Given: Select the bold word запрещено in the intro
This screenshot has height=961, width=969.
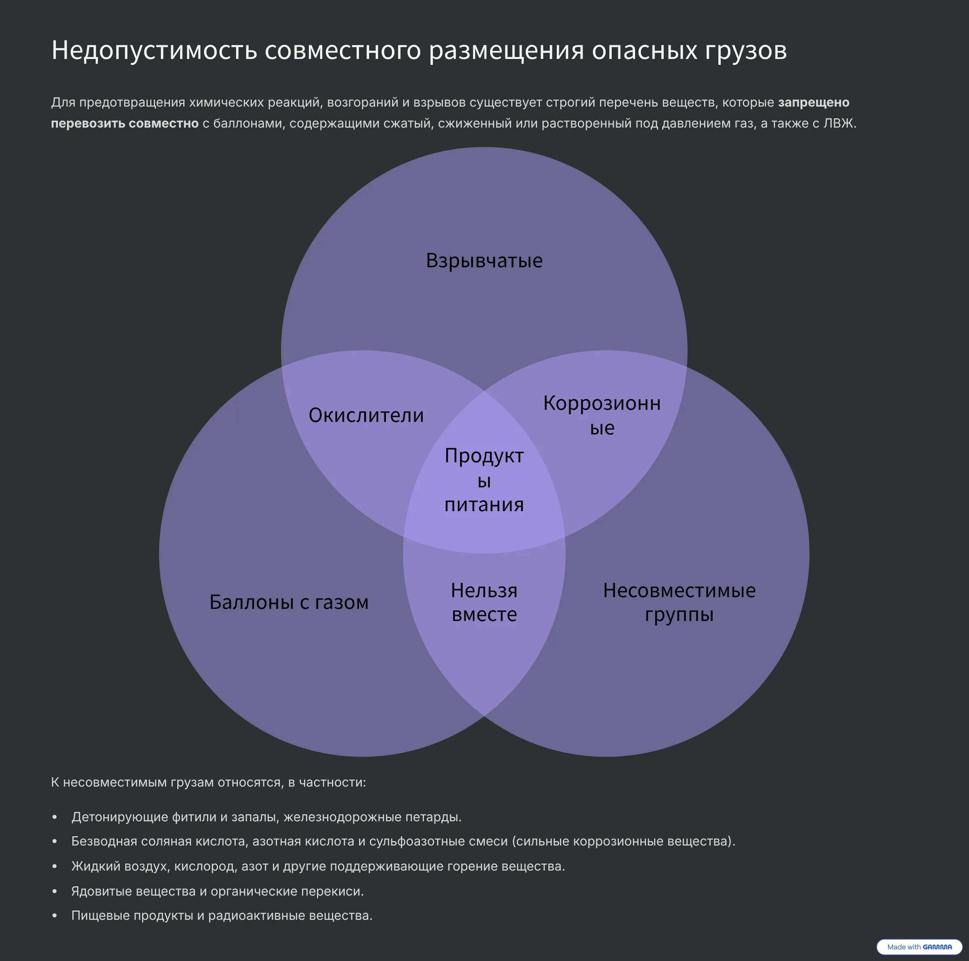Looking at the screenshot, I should [x=813, y=102].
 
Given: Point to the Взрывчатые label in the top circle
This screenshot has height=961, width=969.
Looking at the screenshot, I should [x=484, y=261].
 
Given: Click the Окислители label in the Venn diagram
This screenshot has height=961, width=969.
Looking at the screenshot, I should [x=366, y=415].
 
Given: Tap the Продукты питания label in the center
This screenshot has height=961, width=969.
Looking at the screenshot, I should [x=484, y=480].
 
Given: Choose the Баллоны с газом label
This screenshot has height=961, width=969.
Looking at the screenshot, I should [x=289, y=602].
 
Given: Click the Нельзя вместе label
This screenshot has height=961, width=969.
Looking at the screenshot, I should [x=484, y=602].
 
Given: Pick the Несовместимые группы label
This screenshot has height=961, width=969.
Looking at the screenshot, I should [x=679, y=602].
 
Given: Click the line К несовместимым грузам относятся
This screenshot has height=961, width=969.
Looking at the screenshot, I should [x=208, y=783].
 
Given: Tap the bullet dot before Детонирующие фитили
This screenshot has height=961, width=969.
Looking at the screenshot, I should [x=55, y=818].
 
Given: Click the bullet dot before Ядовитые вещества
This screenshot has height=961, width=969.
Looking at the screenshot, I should [x=55, y=892].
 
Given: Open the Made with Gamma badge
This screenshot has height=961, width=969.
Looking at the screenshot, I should [x=919, y=947].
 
